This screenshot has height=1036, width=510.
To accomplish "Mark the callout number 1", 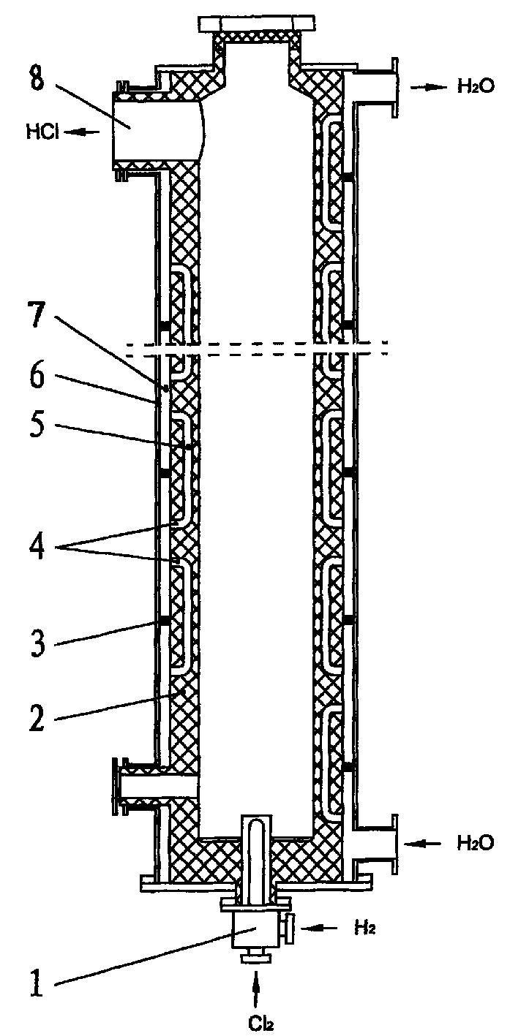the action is click(38, 982).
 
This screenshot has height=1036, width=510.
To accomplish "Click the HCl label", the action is click(41, 132).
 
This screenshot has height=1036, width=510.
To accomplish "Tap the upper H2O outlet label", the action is click(476, 86).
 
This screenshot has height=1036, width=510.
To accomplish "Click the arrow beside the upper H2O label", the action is click(427, 86).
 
